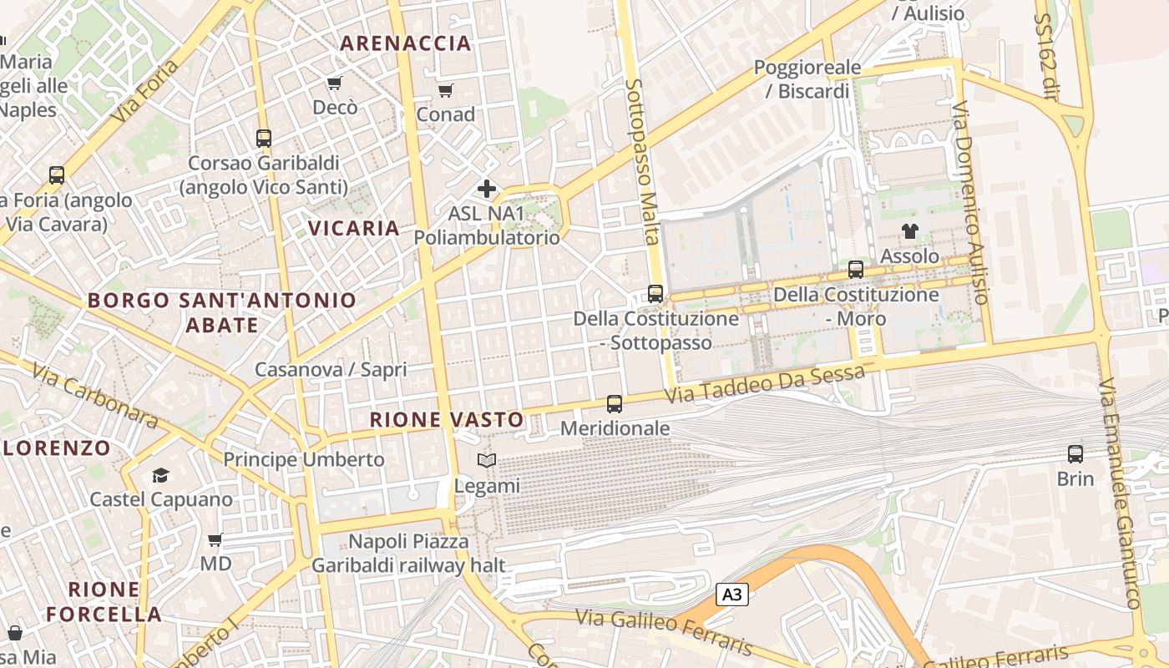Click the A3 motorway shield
(731, 595)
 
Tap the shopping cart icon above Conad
(446, 90)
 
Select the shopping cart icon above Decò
(335, 83)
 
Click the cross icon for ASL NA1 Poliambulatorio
(487, 189)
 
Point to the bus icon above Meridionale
(615, 404)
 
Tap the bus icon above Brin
(1075, 454)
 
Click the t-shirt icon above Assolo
(909, 231)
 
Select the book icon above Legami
(487, 460)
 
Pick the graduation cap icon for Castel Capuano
(160, 475)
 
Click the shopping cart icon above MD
(215, 539)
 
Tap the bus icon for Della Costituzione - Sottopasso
(655, 294)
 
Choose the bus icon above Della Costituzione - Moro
(856, 270)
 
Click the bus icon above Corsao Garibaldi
(264, 139)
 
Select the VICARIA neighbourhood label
(354, 228)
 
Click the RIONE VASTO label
(447, 420)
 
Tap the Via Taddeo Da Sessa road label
(765, 383)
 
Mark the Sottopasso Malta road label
(642, 163)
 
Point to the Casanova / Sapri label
(331, 369)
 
